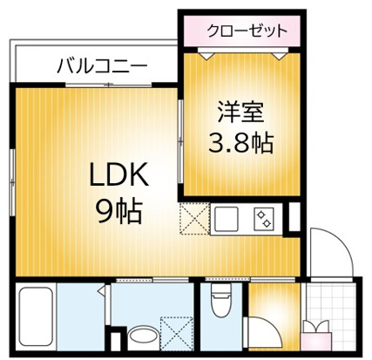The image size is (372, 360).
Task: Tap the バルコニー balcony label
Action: coord(102,65)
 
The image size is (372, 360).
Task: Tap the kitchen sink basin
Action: coord(227,218)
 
